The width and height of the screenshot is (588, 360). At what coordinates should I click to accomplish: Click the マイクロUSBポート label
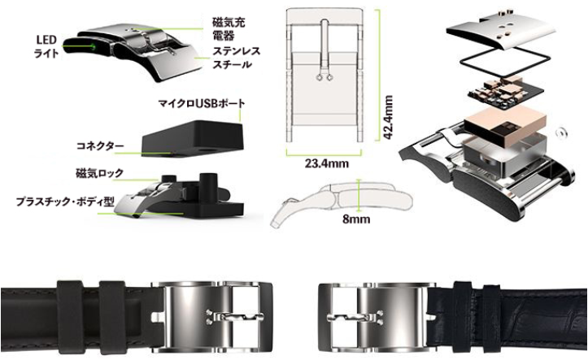(203, 105)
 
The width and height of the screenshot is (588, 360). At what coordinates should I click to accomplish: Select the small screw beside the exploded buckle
(562, 129)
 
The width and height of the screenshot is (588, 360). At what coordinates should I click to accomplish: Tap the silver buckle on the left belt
(216, 314)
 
